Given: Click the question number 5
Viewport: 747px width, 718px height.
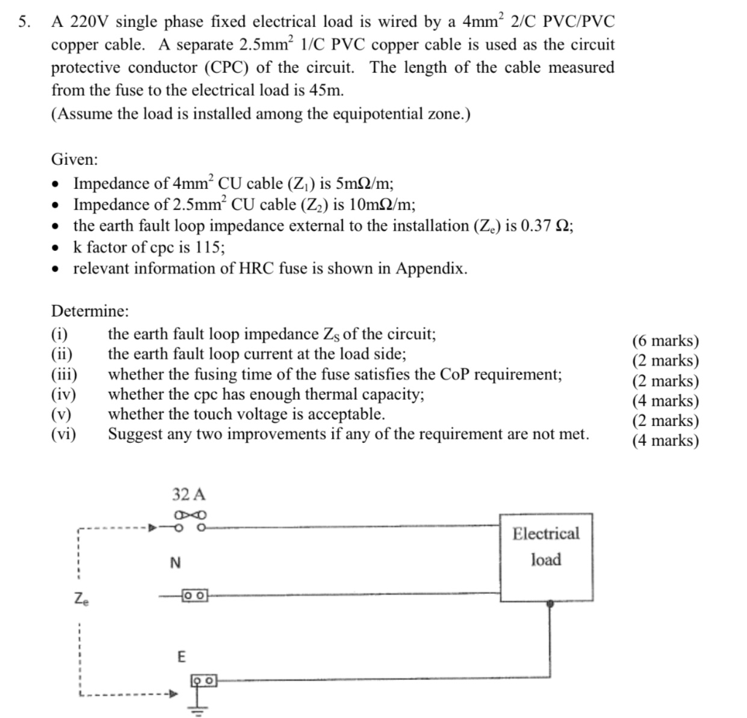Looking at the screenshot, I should pos(24,23).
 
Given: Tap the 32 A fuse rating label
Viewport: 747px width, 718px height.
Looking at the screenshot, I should pos(189,494).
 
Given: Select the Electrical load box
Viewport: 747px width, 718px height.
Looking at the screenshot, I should pos(546,557).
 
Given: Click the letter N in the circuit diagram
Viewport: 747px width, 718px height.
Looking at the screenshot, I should pos(174,563).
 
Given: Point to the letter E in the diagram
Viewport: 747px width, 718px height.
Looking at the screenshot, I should pos(182,657).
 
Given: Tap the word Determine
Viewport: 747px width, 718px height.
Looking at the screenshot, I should pos(90,311).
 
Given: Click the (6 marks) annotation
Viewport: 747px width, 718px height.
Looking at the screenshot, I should pos(665,341).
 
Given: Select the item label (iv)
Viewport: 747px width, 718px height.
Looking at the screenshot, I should pos(64,395).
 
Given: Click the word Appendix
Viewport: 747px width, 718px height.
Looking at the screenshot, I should pos(430,269).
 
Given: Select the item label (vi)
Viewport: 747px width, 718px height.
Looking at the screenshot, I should pos(64,434).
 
